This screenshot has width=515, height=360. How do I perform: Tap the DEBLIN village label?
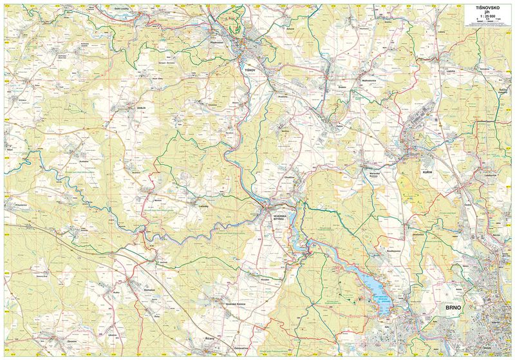coord(142,108)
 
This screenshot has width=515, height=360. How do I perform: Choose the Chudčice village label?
coord(288,177)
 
